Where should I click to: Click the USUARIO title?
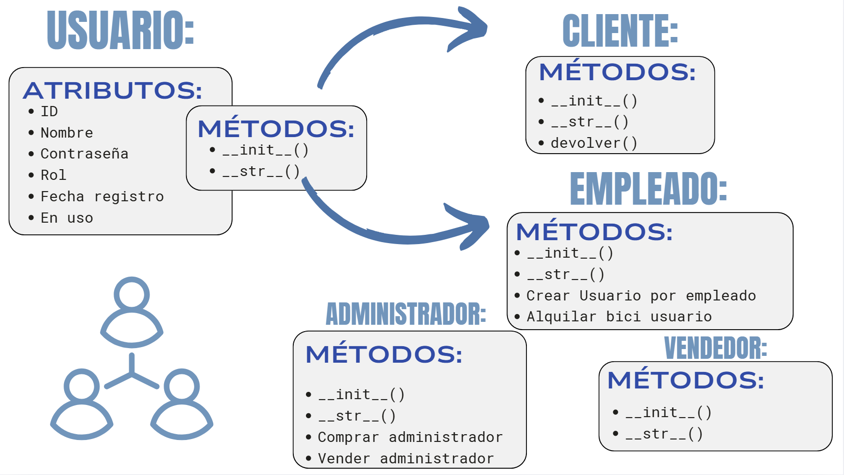point(120,30)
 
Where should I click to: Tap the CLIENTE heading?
point(620,31)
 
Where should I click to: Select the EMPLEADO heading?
point(648,189)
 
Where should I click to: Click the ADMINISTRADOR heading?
point(405,314)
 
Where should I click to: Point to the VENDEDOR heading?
point(715,348)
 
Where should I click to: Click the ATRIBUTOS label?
point(113,90)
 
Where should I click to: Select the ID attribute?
point(49,111)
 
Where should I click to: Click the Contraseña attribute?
point(84,154)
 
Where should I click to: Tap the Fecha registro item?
point(102,196)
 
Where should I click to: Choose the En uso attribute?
point(67,218)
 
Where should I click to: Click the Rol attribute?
point(53,175)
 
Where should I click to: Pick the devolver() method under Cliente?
point(593,143)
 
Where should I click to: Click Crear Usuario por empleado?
point(641,296)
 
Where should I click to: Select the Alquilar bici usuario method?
point(619,317)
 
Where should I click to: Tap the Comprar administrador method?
point(410,437)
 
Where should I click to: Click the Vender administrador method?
point(405,458)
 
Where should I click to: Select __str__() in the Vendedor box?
point(664,434)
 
